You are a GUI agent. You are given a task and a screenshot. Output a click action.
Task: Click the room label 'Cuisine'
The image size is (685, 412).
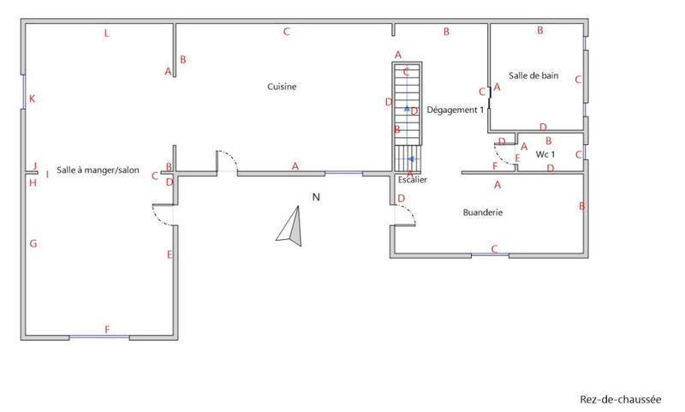point(282,87)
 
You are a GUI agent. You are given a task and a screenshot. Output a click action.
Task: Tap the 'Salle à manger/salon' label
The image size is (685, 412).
point(98,170)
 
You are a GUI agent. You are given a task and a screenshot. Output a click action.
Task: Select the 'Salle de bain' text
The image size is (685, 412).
point(533,76)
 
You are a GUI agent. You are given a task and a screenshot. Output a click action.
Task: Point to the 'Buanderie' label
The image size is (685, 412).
point(482,212)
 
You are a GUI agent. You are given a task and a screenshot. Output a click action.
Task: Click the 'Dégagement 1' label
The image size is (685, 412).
point(456,110)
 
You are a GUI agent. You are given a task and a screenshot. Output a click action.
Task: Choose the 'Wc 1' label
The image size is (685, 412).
point(545,154)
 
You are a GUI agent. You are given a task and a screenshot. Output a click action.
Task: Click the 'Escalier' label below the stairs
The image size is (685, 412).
point(412,180)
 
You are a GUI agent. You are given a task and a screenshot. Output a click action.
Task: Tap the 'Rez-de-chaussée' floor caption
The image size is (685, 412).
point(621,399)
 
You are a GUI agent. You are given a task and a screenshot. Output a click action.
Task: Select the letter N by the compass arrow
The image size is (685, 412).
point(315,198)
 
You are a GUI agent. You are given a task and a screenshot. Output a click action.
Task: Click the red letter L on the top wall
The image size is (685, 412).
point(106,34)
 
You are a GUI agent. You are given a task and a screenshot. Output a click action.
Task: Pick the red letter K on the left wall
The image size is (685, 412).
point(33,99)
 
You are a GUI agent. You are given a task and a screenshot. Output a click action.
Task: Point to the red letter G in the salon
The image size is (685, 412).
point(33,244)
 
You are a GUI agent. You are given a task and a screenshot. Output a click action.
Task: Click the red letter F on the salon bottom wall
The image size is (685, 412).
point(107,330)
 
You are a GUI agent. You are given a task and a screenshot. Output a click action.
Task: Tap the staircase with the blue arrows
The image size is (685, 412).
point(408,116)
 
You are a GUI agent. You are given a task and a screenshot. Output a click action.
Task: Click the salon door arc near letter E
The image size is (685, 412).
point(163,215)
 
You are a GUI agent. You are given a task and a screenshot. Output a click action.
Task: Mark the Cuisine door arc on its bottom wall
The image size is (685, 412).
point(225,159)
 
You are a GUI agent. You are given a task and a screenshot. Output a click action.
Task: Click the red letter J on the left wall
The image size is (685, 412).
point(34,166)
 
